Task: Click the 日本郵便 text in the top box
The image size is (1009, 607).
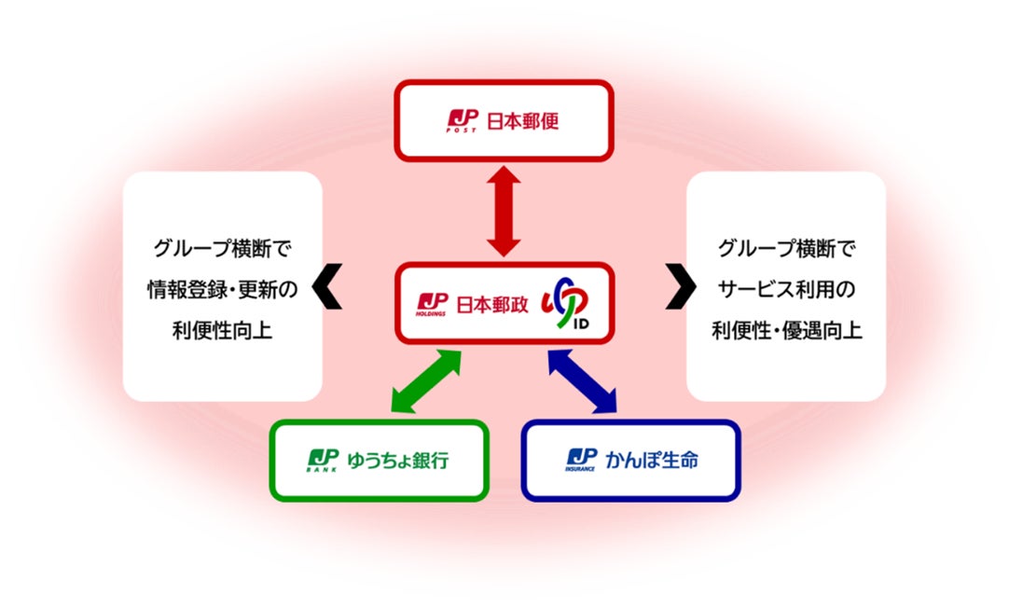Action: pos(523,120)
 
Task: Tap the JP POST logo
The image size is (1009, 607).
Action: pos(463,120)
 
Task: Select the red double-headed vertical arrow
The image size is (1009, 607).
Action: pos(504,211)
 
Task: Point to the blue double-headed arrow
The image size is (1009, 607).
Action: pos(583,380)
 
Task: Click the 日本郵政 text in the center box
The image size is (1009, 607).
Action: pos(491,304)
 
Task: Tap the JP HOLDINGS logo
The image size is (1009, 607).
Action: pos(432,304)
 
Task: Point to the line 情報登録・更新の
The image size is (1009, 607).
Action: pos(223,290)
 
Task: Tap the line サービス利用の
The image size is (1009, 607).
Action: pos(786,290)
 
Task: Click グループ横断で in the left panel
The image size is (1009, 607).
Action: pos(223,249)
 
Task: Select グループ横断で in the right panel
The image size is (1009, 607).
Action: pos(786,249)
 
